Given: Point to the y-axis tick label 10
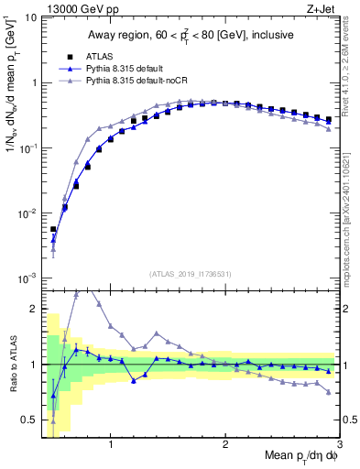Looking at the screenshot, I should (30, 17).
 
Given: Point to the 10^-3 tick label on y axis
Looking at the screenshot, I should (28, 278).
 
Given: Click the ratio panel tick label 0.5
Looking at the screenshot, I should (29, 420).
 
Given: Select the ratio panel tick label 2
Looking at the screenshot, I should (34, 309).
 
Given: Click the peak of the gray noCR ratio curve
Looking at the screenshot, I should (76, 295).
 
